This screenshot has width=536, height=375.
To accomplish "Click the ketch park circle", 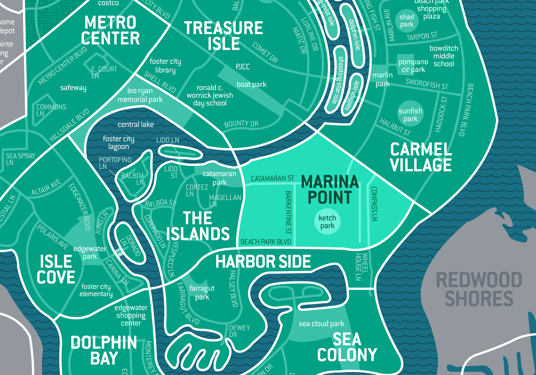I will point(327,222).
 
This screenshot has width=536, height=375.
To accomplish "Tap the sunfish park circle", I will point(410,115).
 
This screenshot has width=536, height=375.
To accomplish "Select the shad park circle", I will point(407,21).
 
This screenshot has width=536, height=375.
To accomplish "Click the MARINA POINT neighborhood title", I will point(330,189).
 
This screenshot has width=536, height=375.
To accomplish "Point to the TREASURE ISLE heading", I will point(224,36).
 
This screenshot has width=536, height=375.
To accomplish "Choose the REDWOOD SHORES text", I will point(479,289).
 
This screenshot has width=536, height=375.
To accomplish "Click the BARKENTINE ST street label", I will point(288,212).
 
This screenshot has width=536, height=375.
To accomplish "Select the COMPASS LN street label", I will point(374,204).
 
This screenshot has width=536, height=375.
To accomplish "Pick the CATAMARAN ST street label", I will point(272,178).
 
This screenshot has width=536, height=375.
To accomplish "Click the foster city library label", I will point(165,66).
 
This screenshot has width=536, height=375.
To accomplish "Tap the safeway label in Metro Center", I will point(73,88).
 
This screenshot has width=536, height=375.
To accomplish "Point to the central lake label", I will point(136,125).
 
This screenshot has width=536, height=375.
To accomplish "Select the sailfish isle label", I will point(352,96).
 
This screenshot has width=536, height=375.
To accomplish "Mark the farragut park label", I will point(202,292).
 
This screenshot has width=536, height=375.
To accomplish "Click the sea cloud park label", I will point(321,324).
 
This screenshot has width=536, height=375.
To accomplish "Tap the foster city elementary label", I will point(96,290).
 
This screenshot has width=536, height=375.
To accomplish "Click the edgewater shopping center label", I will point(131,315).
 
